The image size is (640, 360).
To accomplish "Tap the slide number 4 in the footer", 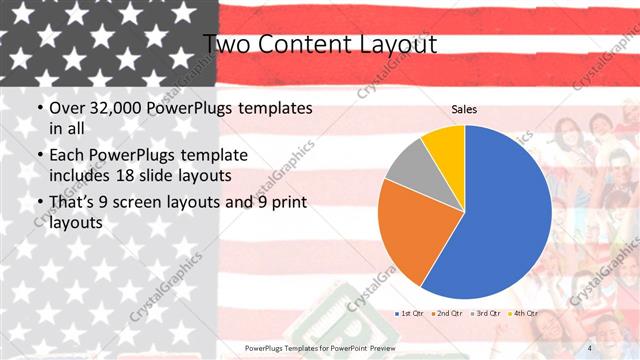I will coord(589,347).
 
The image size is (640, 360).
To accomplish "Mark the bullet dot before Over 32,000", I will coord(39,107).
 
